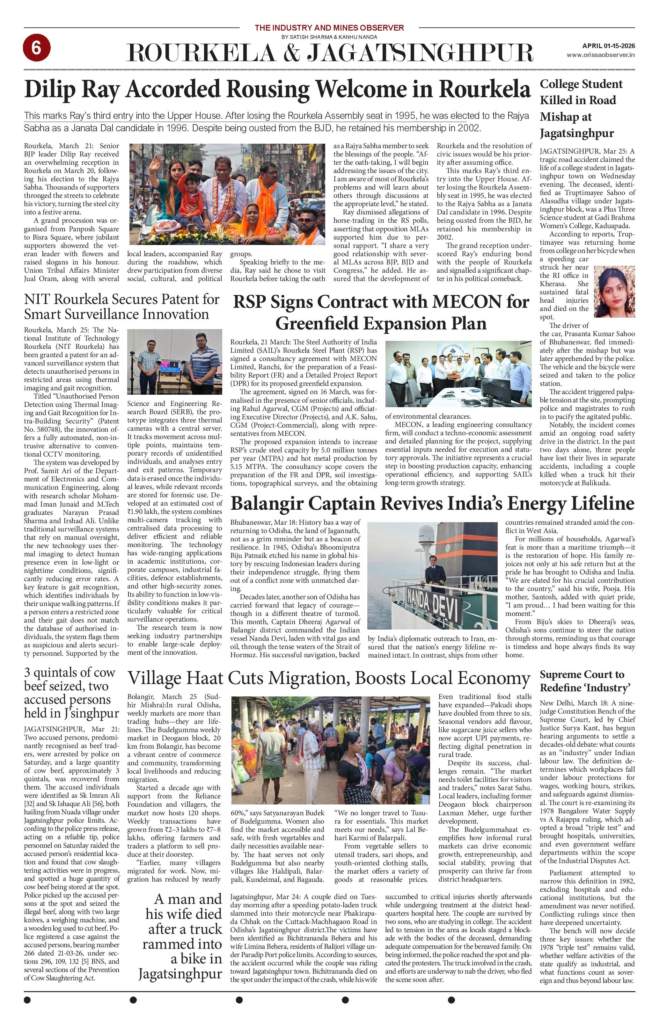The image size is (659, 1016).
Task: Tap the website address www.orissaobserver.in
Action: coord(600,55)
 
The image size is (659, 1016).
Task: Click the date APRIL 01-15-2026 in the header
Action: coord(608,46)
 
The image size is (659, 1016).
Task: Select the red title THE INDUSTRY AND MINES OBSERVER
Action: coord(329,28)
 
